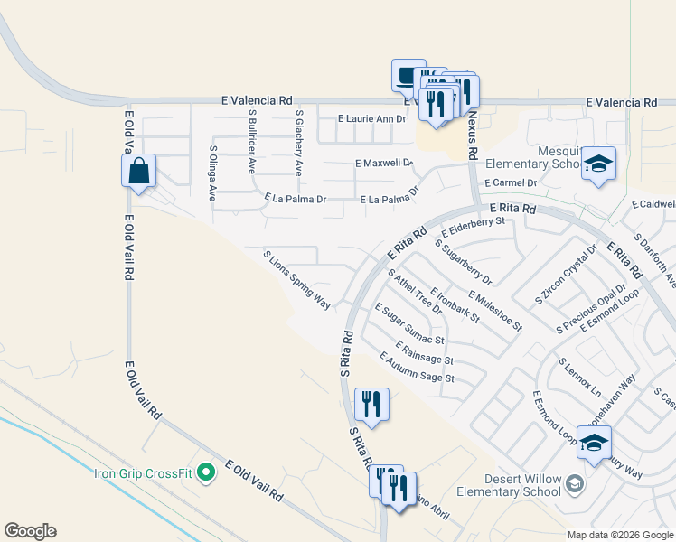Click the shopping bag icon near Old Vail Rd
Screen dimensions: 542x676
click(x=138, y=170)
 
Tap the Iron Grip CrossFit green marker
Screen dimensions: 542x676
click(x=207, y=472)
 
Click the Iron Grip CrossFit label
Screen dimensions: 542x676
click(x=144, y=472)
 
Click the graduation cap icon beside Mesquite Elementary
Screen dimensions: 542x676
click(x=597, y=164)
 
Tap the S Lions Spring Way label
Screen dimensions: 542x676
click(x=296, y=280)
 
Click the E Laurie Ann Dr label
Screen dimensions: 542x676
click(x=372, y=118)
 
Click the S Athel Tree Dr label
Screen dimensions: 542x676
click(x=414, y=291)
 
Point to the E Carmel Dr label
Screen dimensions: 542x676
click(x=511, y=182)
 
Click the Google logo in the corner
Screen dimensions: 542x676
click(x=30, y=531)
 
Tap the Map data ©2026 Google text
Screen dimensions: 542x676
click(x=619, y=535)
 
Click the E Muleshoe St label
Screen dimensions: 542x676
click(x=495, y=309)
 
